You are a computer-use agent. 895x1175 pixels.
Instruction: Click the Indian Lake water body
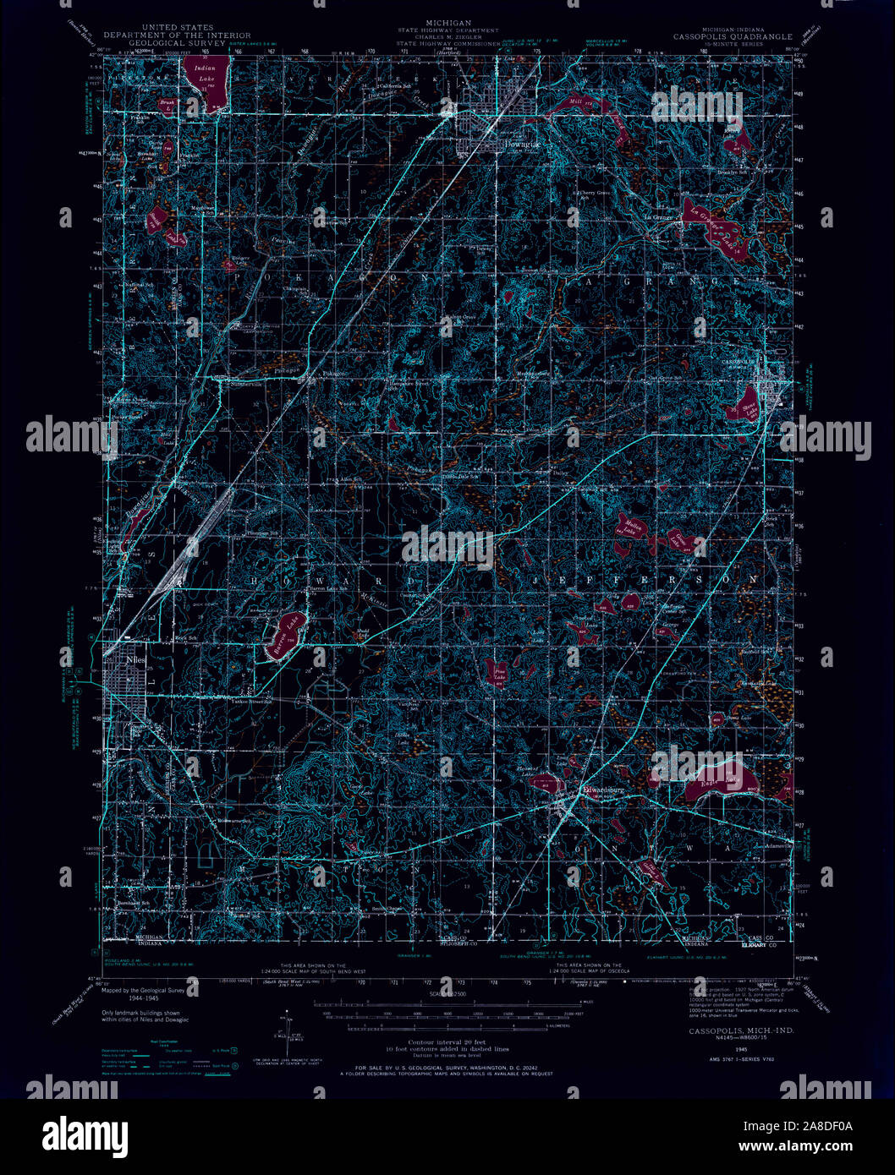pyautogui.click(x=208, y=80)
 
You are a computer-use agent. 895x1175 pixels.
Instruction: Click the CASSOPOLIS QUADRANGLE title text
pyautogui.click(x=733, y=37)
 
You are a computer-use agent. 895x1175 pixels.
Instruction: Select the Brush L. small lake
pyautogui.click(x=168, y=105)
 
